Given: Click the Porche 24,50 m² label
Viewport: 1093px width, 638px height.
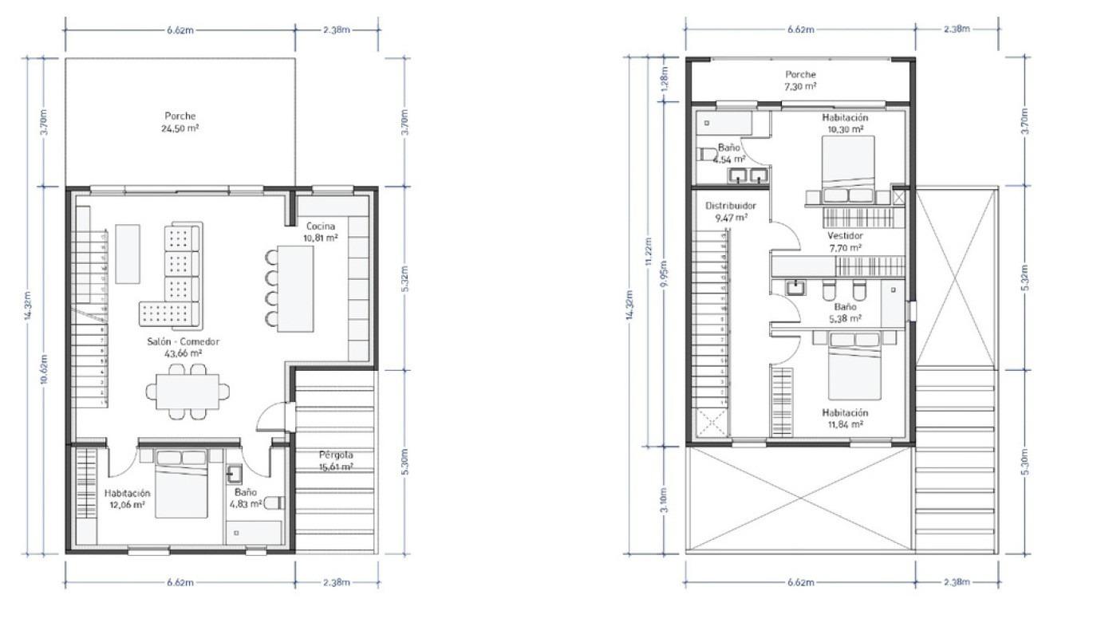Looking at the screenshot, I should click(x=180, y=121).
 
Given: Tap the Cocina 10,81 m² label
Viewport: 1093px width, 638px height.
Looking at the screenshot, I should click(x=320, y=231).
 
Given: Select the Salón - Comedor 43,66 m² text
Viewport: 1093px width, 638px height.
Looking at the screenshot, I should click(x=183, y=347).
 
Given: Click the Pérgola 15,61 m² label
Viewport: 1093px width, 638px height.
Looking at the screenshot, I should click(x=336, y=461).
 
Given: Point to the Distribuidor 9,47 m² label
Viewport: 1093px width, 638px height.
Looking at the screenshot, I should click(x=730, y=211).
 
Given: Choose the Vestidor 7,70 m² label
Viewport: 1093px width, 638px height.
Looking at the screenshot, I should click(x=845, y=242).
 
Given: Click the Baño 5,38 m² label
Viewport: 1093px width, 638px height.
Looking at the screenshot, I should click(x=846, y=312).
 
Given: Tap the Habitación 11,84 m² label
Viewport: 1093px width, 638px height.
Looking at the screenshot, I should click(x=846, y=419).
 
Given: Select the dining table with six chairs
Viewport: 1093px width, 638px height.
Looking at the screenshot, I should click(x=187, y=391).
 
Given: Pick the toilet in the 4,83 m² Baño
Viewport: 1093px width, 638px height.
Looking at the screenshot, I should click(x=274, y=503).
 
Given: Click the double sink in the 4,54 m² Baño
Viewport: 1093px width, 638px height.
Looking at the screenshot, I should click(x=748, y=175).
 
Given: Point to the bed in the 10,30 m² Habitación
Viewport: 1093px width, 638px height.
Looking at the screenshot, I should click(x=848, y=167).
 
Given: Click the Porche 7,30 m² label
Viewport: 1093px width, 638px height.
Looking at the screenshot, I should click(x=800, y=80).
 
